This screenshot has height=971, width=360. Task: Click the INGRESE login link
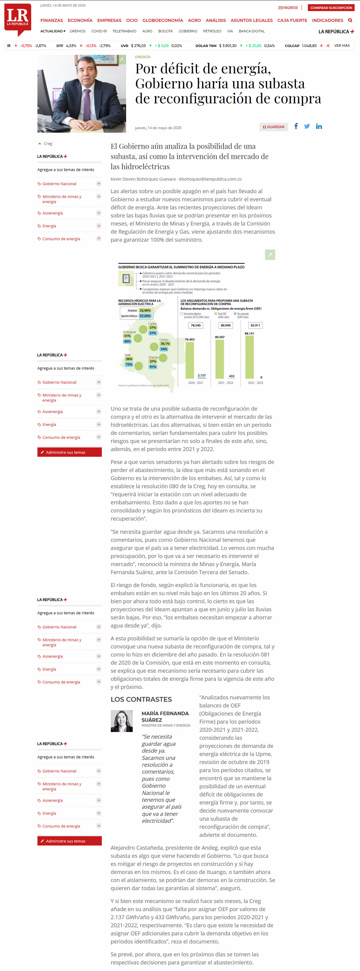(x=288, y=7)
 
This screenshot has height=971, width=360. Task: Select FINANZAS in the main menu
(x=52, y=20)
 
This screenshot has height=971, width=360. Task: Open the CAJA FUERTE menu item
(x=292, y=20)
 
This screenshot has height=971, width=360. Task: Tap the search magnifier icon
(x=350, y=20)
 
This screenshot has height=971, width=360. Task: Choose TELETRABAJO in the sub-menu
(x=124, y=31)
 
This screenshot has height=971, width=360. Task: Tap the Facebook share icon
(x=296, y=126)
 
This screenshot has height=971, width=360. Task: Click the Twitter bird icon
(x=307, y=126)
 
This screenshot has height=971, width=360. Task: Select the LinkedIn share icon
(x=319, y=126)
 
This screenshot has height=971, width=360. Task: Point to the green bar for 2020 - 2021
(x=190, y=360)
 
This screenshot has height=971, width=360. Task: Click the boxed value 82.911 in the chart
(x=255, y=325)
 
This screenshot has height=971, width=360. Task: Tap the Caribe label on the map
(x=152, y=323)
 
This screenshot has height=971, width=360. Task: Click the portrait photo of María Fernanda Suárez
(x=122, y=721)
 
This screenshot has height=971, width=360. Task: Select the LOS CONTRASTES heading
(x=141, y=699)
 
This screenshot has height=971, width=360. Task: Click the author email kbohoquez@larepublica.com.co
(x=210, y=179)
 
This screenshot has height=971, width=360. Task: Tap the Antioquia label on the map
(x=129, y=332)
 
